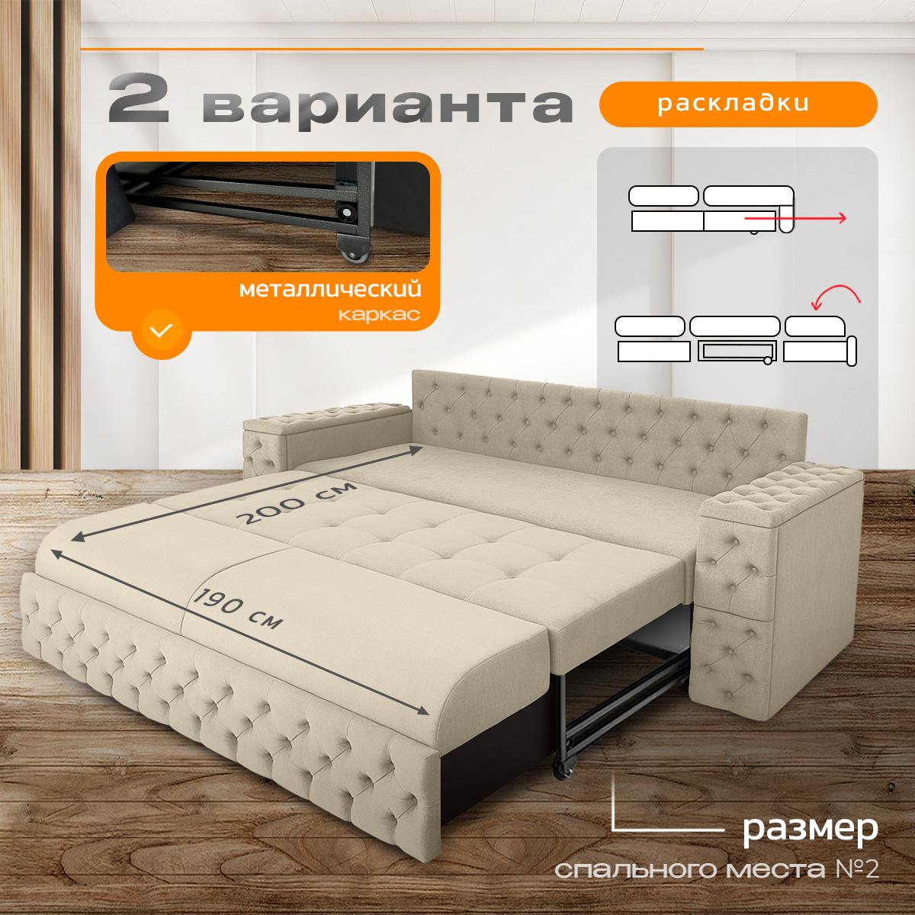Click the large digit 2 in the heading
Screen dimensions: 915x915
pyautogui.click(x=138, y=98)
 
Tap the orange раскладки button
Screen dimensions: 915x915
pyautogui.click(x=737, y=104)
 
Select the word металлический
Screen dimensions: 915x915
pyautogui.click(x=330, y=289)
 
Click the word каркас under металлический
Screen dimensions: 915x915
pyautogui.click(x=379, y=314)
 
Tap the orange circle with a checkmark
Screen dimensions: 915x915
pyautogui.click(x=161, y=329)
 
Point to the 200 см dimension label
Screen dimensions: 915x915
pyautogui.click(x=297, y=503)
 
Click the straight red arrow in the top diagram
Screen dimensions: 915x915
pyautogui.click(x=795, y=218)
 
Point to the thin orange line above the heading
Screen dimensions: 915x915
pyautogui.click(x=392, y=49)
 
